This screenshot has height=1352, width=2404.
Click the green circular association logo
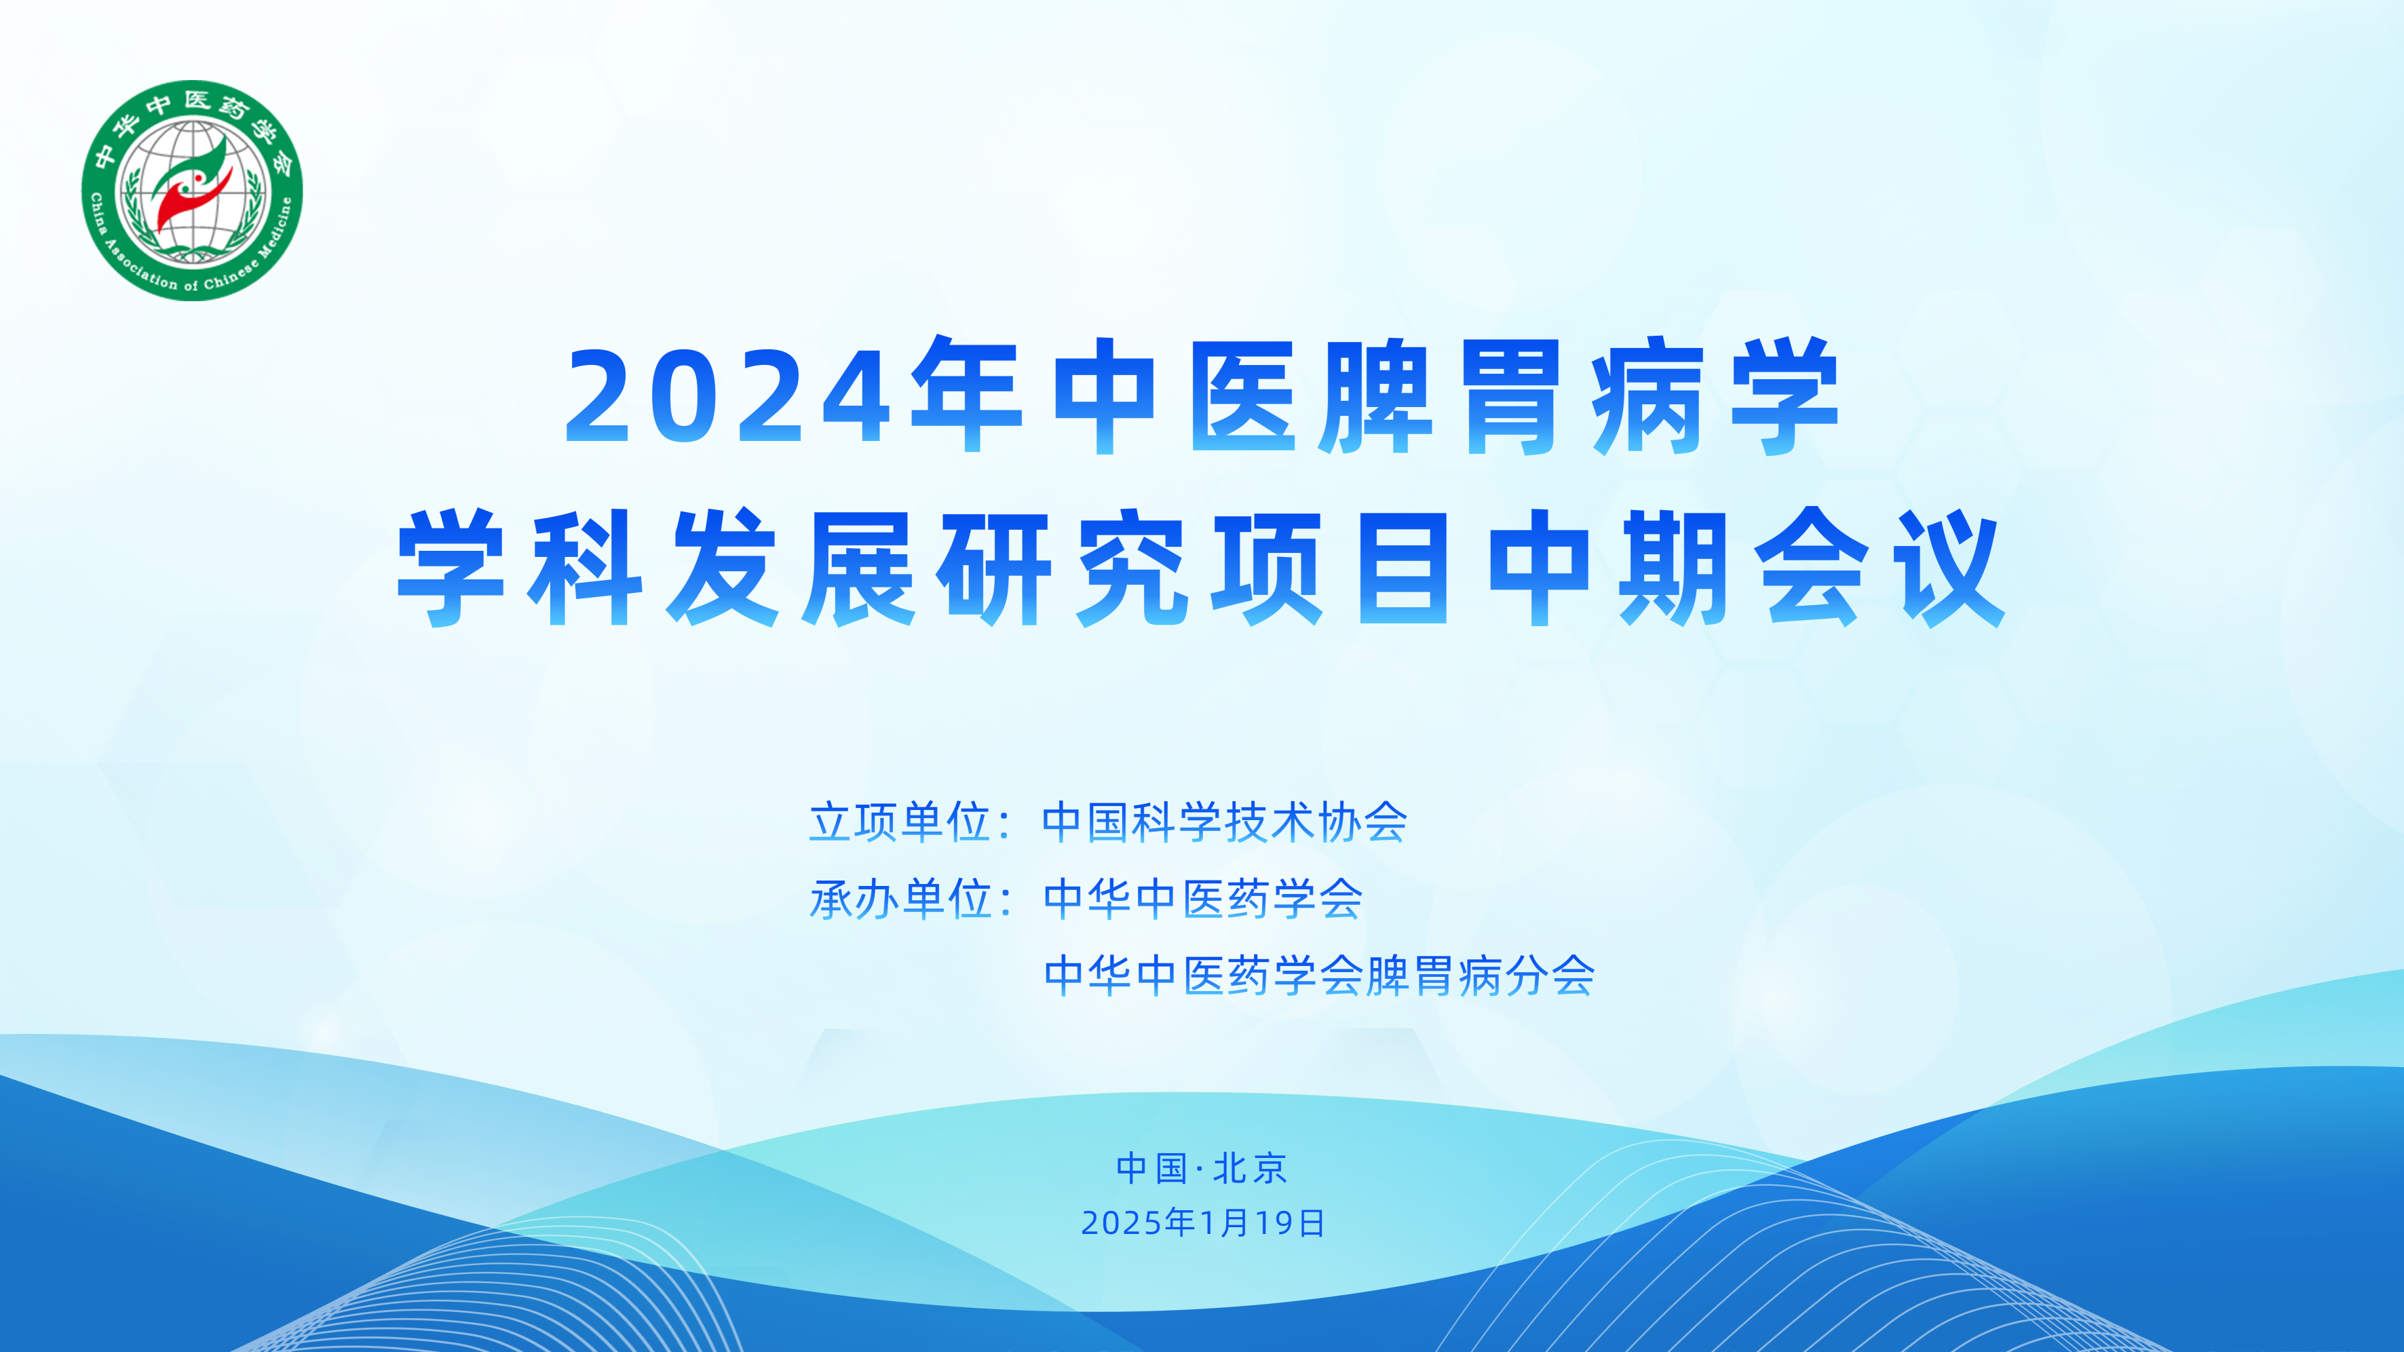[x=192, y=191]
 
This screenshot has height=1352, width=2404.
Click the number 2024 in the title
[x=728, y=398]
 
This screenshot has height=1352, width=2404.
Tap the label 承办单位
[x=900, y=900]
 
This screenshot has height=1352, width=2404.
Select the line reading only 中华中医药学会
[x=1203, y=900]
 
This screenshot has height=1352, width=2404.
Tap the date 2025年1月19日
[x=1203, y=1223]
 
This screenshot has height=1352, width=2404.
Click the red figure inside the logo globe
[x=182, y=201]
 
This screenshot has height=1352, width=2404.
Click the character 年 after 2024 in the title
[x=967, y=398]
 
